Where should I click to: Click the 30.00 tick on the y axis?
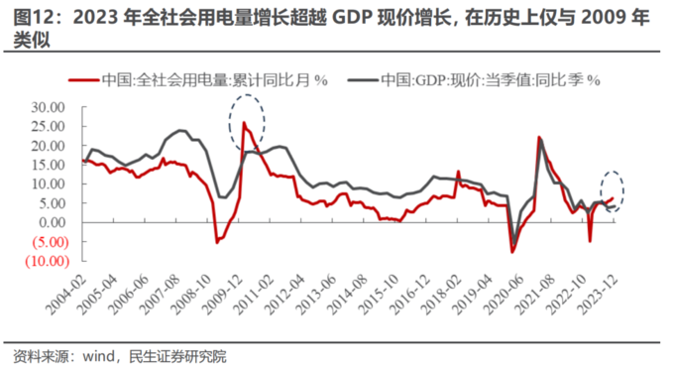pos(47,107)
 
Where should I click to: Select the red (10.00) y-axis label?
pos(45,261)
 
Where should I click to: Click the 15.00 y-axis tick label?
pos(47,165)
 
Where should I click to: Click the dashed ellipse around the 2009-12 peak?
pos(247,118)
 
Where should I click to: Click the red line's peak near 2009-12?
pos(244,123)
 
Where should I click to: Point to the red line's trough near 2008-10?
pos(217,241)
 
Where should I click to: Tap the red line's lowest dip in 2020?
pos(512,252)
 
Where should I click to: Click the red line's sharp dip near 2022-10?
pos(590,240)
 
